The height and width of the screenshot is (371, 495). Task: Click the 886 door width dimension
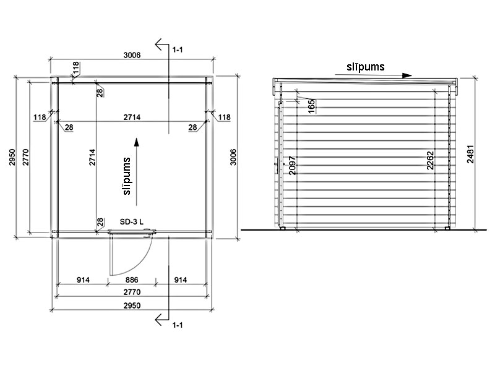(x=132, y=280)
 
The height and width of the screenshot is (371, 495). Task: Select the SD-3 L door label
(x=131, y=222)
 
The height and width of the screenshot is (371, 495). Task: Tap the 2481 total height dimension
(x=470, y=154)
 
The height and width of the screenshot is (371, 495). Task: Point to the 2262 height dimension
(x=430, y=161)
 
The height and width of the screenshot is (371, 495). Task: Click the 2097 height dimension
(x=292, y=165)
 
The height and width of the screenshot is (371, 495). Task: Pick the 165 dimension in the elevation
(x=311, y=106)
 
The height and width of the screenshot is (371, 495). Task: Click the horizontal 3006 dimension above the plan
(x=132, y=55)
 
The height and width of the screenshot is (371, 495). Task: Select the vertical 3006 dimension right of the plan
(x=233, y=157)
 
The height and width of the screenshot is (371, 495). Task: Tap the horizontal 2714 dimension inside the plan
(x=132, y=117)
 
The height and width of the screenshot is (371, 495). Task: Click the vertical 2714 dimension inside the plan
(x=92, y=158)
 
